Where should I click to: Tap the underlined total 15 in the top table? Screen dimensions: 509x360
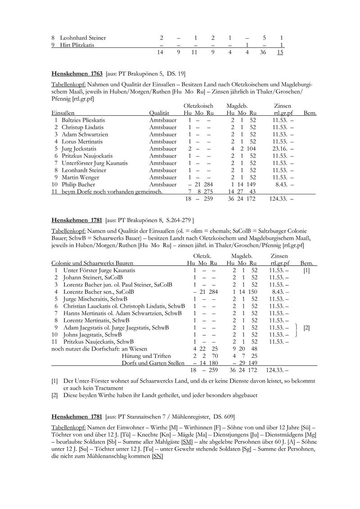pos(280,53)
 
